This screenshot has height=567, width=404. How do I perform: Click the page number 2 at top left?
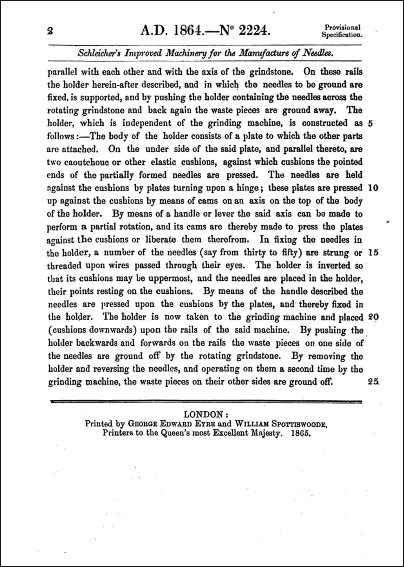tap(49, 31)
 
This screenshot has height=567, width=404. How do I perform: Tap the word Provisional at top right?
tap(342, 28)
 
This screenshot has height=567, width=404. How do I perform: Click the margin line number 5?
tap(371, 123)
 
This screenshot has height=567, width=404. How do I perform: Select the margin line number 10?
tap(373, 188)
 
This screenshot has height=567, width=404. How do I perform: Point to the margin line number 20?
tap(373, 317)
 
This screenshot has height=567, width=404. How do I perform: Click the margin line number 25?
tap(373, 382)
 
